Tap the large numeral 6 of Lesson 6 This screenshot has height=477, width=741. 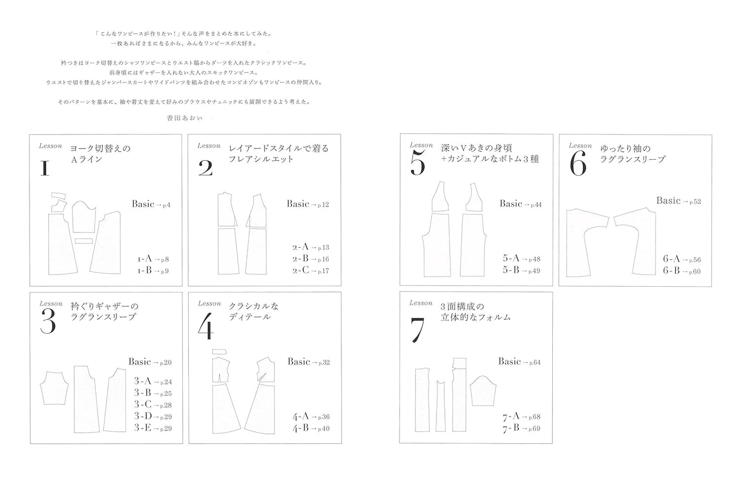pos(578,166)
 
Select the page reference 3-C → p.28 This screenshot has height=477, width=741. pos(153,405)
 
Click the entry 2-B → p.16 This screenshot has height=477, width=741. pos(310,259)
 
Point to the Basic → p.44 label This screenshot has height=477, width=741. pos(520,204)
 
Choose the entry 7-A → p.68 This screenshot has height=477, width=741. pos(521,417)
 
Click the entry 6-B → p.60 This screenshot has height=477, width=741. pos(681,271)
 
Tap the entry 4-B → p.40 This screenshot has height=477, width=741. pos(311,429)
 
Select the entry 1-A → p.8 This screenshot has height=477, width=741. pos(153,259)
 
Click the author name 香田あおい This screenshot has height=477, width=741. pos(184,119)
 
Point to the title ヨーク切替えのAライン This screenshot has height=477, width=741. pos(100,153)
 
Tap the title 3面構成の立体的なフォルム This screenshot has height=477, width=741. pos(475,311)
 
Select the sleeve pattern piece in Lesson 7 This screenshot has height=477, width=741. pos(484,391)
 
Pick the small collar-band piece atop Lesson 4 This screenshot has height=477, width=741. pos(219,352)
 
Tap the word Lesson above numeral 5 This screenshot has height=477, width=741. pos(421,145)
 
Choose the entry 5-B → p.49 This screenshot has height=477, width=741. pos(521,270)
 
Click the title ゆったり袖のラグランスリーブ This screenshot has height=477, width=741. pos(632,154)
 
